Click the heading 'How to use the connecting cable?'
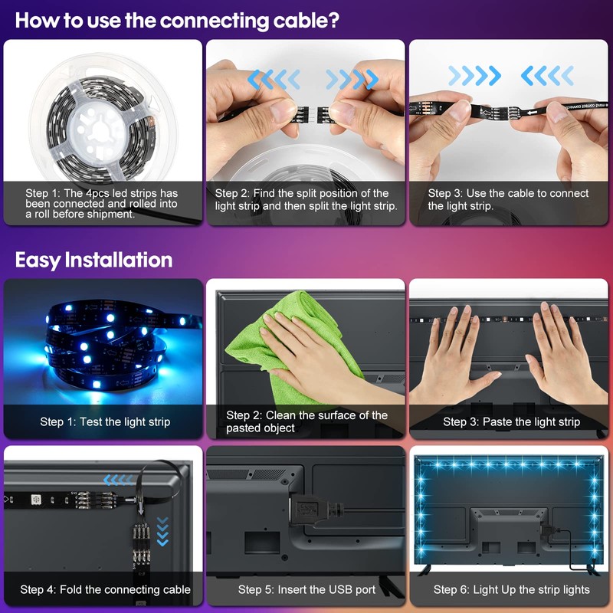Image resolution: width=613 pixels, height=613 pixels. click(x=177, y=20)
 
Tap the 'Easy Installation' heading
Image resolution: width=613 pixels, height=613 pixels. click(x=93, y=260)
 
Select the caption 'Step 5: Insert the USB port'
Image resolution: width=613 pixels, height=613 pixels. click(x=306, y=589)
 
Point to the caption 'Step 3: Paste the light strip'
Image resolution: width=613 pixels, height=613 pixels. click(x=512, y=421)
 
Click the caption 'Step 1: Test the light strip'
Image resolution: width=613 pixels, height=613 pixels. click(x=105, y=421)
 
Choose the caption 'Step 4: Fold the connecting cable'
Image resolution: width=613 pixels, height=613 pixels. click(x=105, y=589)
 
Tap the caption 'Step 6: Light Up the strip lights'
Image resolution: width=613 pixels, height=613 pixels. click(x=512, y=589)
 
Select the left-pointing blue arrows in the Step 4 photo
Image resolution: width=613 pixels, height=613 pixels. click(x=118, y=480)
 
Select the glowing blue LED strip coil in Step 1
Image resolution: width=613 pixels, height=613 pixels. click(x=100, y=345)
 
